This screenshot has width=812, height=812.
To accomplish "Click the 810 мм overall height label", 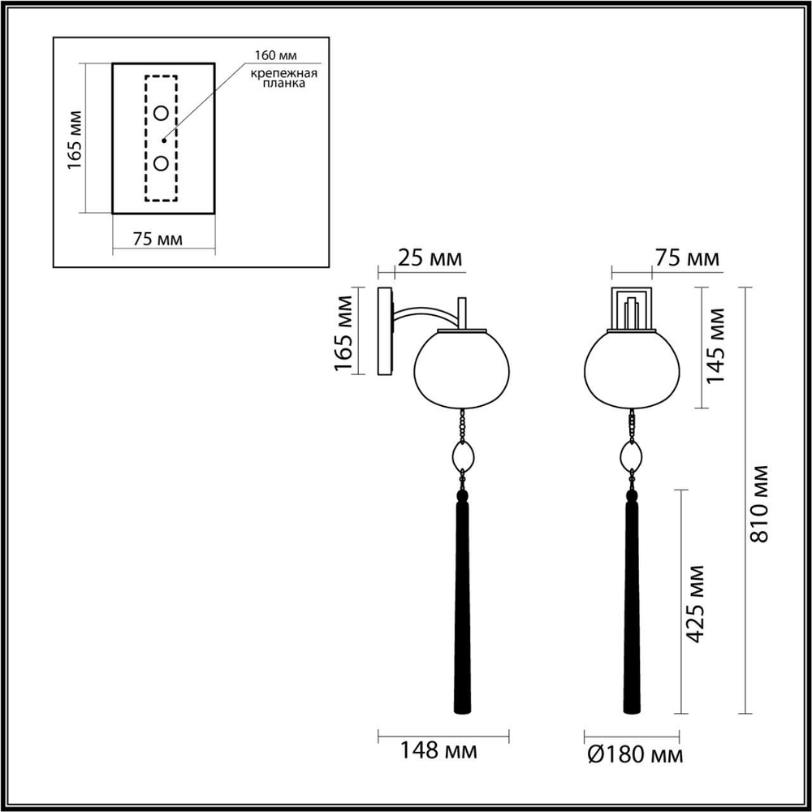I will pyautogui.click(x=762, y=503).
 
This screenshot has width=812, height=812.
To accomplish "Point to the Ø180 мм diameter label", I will pyautogui.click(x=633, y=755).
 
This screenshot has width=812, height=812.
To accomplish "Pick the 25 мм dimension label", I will pyautogui.click(x=430, y=258).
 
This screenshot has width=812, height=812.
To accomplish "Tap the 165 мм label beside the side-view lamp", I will pyautogui.click(x=345, y=333).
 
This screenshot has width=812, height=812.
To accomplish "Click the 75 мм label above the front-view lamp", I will pyautogui.click(x=686, y=258).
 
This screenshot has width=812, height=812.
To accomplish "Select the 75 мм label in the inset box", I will pyautogui.click(x=158, y=239).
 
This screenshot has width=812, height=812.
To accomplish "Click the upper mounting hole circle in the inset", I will pyautogui.click(x=162, y=112).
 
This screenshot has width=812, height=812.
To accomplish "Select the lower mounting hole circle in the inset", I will pyautogui.click(x=162, y=164).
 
